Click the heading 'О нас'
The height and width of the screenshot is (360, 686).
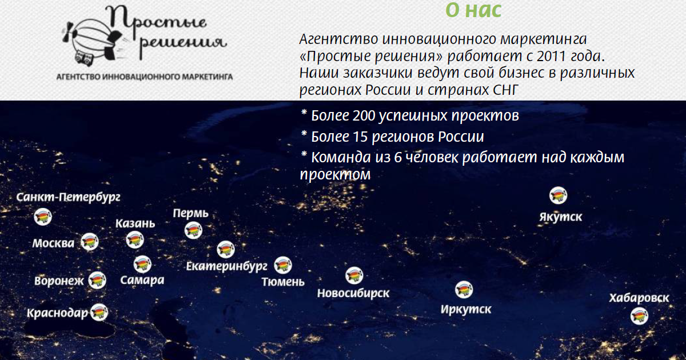(473, 10)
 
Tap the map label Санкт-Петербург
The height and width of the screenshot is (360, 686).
(68, 197)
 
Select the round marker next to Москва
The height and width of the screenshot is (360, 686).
(89, 242)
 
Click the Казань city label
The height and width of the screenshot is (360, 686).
(135, 224)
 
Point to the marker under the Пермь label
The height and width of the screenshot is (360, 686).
(193, 230)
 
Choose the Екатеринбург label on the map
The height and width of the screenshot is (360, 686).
(226, 266)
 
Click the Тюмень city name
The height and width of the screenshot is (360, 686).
(283, 282)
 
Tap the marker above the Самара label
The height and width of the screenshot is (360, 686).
(142, 264)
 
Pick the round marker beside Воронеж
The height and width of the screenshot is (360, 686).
(97, 280)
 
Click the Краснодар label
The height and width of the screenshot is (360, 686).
(57, 313)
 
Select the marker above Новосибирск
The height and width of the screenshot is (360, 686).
(354, 275)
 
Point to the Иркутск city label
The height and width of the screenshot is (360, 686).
(466, 310)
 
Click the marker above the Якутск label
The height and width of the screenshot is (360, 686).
(558, 195)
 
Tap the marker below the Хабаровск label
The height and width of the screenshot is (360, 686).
(639, 316)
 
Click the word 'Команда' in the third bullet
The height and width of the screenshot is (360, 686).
(341, 158)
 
